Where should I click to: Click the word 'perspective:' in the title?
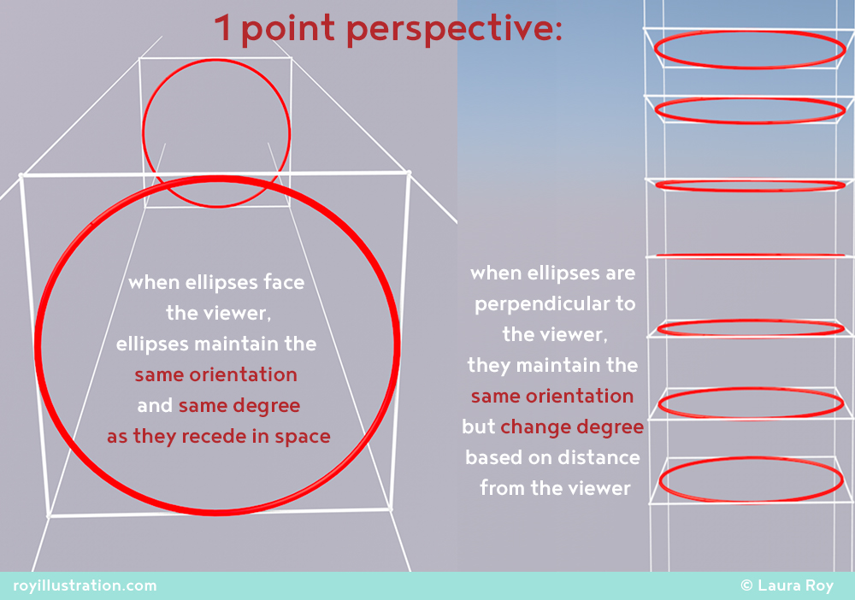(x=454, y=29)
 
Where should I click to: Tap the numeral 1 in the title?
(x=223, y=28)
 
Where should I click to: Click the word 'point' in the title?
(x=288, y=29)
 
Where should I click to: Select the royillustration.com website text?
(x=85, y=585)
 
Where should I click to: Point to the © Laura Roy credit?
(x=787, y=585)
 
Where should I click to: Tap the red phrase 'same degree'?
(x=239, y=406)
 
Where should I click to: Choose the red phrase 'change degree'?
(x=572, y=427)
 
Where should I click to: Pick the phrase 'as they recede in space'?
(x=219, y=437)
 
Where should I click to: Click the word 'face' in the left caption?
(x=284, y=282)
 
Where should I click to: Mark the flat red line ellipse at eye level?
(x=751, y=255)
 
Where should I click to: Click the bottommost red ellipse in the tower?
(x=751, y=459)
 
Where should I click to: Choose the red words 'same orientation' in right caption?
(x=552, y=397)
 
